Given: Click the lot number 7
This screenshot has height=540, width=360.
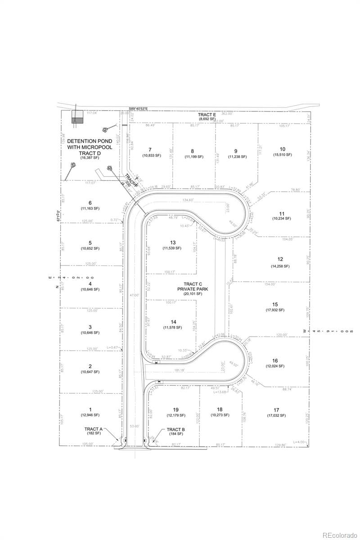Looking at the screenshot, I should pos(150,149).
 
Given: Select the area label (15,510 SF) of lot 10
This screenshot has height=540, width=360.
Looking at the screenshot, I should pos(282,155).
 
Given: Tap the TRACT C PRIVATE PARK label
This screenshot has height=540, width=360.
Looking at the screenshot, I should pos(193,286).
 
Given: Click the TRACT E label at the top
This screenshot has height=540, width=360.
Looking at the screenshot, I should pos(207,115).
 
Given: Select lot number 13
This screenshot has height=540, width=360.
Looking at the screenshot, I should pos(173,243).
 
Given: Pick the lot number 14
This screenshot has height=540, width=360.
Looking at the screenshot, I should pos(173,322).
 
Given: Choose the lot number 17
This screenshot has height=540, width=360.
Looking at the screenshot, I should pos(276,410).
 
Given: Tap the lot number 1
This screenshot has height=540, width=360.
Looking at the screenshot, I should pos(90,409).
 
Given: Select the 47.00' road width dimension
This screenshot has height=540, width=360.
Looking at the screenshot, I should pos(134,295).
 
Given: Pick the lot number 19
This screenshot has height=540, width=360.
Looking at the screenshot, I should pos(176,409).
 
